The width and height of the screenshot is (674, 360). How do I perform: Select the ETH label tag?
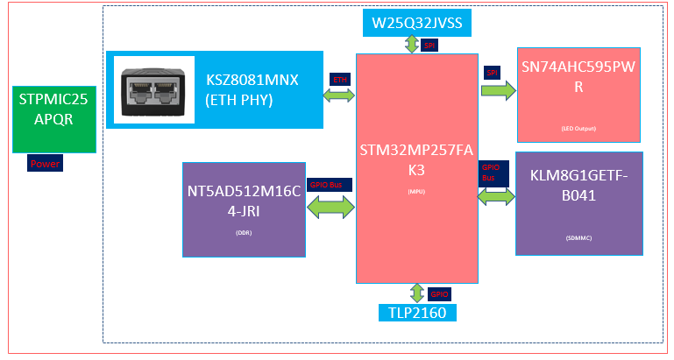pyautogui.click(x=339, y=80)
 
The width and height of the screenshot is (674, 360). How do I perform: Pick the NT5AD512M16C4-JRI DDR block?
pyautogui.click(x=244, y=208)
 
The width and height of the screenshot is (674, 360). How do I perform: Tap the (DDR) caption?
pyautogui.click(x=244, y=234)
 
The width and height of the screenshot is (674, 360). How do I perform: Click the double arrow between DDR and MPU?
pyautogui.click(x=331, y=208)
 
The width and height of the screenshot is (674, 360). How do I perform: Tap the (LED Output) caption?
pyautogui.click(x=578, y=129)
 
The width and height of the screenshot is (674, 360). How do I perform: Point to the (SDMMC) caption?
pyautogui.click(x=578, y=236)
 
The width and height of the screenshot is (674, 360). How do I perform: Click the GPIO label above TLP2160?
pyautogui.click(x=439, y=294)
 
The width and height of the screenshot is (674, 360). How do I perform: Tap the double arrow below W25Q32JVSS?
pyautogui.click(x=410, y=45)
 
